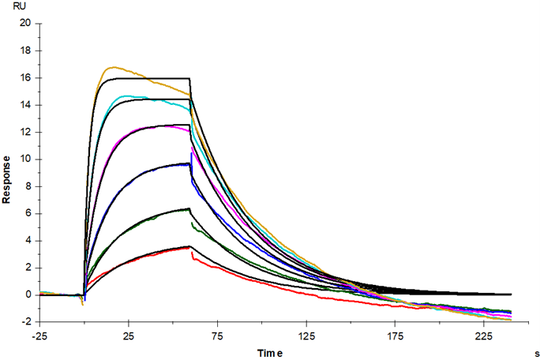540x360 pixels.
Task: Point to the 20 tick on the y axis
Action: click(26, 24)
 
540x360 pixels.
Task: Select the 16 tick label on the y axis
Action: click(26, 78)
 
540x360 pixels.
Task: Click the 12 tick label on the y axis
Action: click(26, 132)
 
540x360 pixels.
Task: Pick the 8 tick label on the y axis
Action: click(28, 186)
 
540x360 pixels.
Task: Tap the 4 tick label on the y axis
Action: click(28, 241)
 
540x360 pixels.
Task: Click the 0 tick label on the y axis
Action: click(28, 294)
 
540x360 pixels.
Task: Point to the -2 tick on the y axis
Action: click(27, 321)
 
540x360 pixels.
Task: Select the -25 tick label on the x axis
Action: click(40, 334)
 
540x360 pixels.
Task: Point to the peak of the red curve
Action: click(189, 247)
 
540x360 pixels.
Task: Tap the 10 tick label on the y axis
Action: click(26, 159)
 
